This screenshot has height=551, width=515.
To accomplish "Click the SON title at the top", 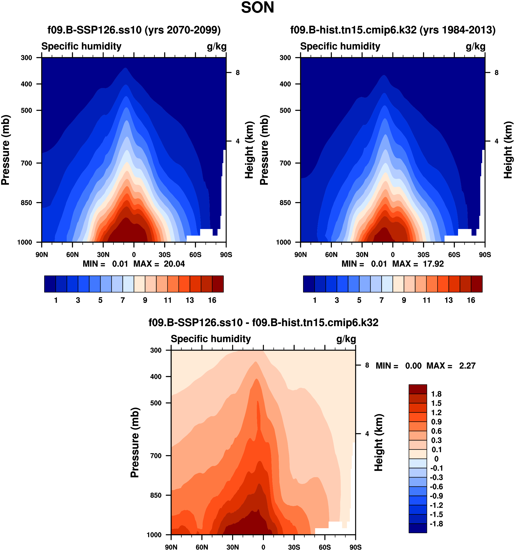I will tap(257, 8).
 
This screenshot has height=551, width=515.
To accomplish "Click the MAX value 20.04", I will tap(174, 264).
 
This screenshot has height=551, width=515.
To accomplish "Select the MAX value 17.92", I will tap(433, 264).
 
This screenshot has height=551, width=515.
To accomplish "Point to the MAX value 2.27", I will tap(467, 366).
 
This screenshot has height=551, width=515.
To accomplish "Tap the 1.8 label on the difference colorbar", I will tap(436, 394).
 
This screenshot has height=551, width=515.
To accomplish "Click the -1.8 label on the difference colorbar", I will tap(436, 524).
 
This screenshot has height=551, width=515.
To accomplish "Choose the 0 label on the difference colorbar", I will tap(436, 459).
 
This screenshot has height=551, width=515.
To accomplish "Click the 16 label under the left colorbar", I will tap(212, 300).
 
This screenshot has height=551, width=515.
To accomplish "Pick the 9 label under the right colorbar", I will tap(404, 300).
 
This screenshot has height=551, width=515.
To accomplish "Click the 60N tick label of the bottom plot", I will tap(202, 547).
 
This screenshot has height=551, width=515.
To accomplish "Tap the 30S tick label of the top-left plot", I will tap(165, 255).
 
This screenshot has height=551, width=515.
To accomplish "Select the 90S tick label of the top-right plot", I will tap(485, 255).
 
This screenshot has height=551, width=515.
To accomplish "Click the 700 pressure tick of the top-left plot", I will tap(27, 163).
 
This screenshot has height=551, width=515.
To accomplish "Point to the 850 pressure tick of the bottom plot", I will tap(156, 495).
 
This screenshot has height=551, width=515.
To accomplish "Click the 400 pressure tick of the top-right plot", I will tap(285, 84).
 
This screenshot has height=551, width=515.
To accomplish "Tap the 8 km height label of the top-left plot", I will tap(237, 73).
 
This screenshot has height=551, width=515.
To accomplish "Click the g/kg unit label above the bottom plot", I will tap(346, 339).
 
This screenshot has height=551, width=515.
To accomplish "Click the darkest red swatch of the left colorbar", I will tap(218, 284).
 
